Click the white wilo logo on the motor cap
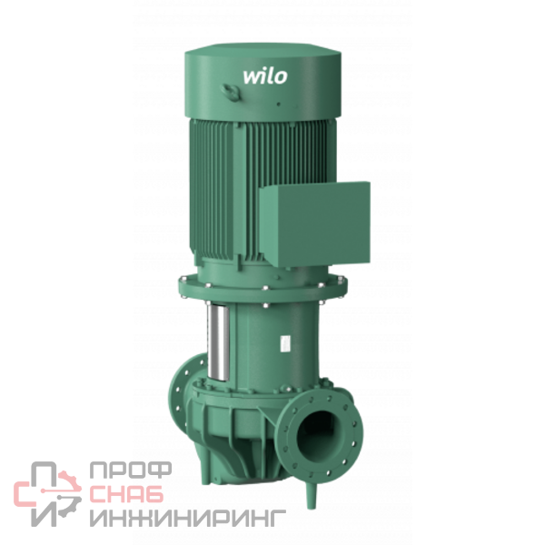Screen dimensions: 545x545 (x=265, y=77)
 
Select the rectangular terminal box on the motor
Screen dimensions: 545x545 (x=314, y=224)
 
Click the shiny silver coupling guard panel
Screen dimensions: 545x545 (x=218, y=342)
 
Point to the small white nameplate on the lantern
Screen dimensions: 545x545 (x=285, y=343)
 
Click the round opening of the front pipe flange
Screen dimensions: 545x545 (x=319, y=435)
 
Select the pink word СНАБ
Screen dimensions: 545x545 (x=126, y=493)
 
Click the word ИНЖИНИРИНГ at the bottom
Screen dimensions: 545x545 (x=188, y=518)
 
